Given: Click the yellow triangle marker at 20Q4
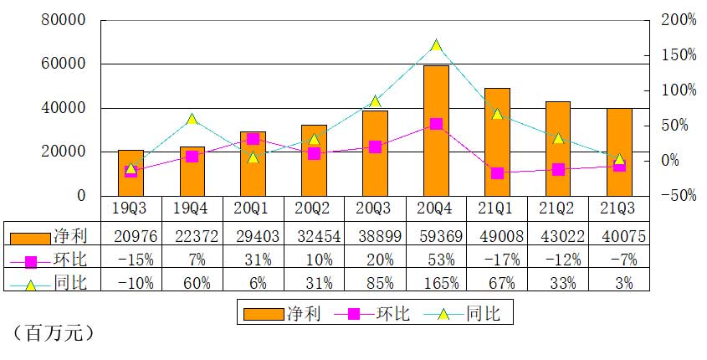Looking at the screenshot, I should tap(436, 45).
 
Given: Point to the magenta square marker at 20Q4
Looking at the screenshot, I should tap(436, 124).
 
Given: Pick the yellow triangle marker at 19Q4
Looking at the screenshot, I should tap(192, 119).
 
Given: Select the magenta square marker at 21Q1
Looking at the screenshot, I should tap(497, 173).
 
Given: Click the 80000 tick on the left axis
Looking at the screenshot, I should tap(65, 20).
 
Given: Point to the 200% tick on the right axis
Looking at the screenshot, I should tap(676, 20).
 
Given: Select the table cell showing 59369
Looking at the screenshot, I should tap(436, 236).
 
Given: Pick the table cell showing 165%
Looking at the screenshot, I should tap(436, 282).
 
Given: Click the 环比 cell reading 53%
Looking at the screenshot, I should tap(436, 260).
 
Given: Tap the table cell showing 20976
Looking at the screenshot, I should tap(131, 236).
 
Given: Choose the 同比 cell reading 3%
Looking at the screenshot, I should tap(618, 282).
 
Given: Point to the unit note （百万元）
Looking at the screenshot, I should tap(52, 333).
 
